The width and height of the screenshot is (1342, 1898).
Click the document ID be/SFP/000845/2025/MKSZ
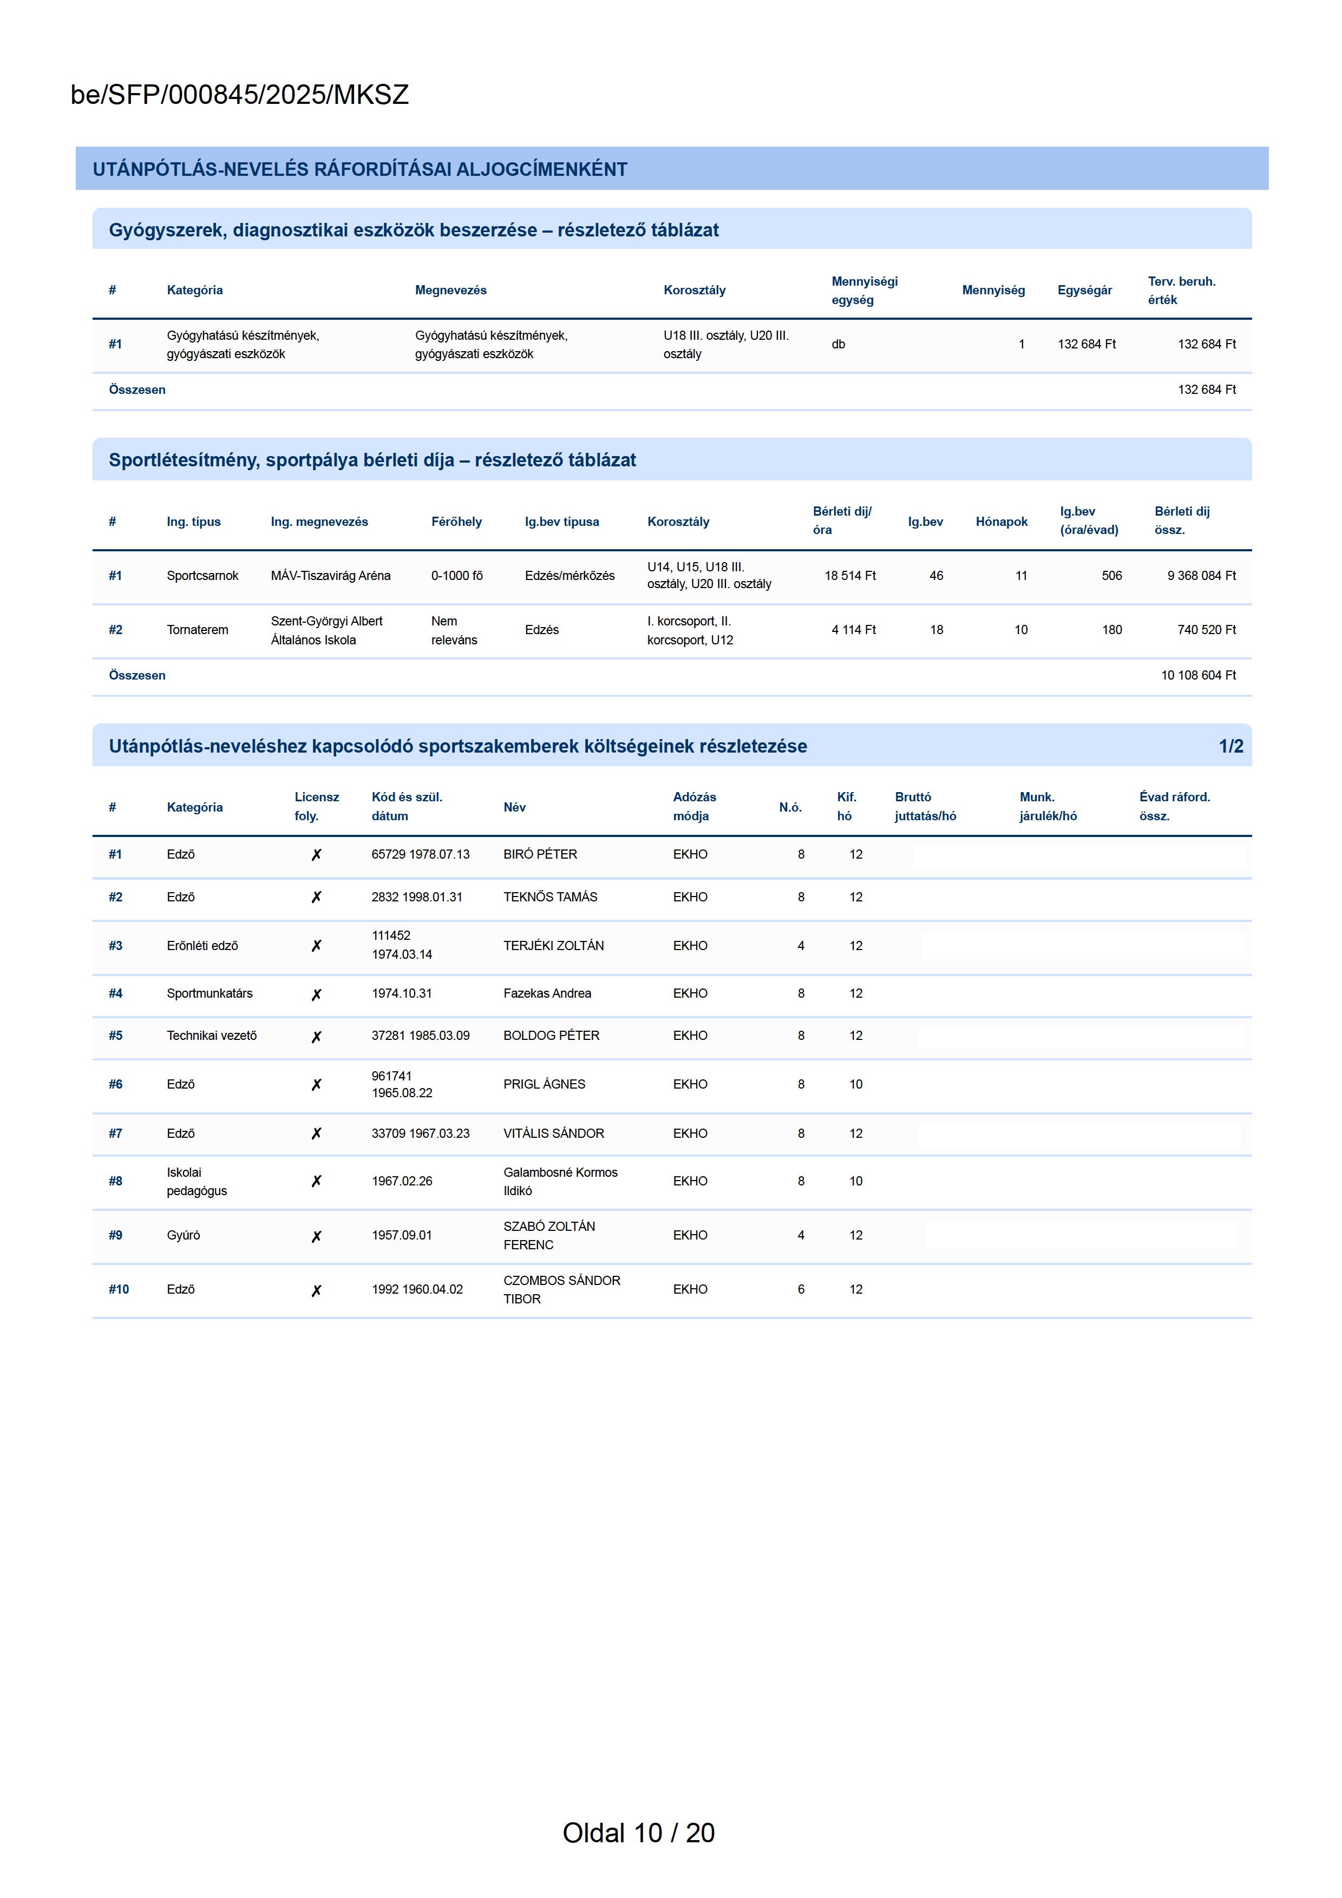tap(240, 95)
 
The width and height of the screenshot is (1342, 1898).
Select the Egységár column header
tap(1084, 290)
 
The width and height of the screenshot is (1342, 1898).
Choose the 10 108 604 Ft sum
tap(1198, 675)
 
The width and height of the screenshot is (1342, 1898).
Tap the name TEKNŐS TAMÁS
tap(550, 897)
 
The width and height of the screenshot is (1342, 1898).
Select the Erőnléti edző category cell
tap(202, 946)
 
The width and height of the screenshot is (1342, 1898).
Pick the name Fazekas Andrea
tap(547, 994)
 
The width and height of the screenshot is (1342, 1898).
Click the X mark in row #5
tap(316, 1037)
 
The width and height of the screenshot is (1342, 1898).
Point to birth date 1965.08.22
tap(402, 1093)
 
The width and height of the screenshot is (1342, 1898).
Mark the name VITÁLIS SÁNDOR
tap(553, 1133)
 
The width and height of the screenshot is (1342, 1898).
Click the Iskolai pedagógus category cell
tap(197, 1181)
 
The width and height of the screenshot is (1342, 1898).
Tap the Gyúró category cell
tap(183, 1235)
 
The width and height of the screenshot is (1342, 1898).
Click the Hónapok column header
tap(1001, 522)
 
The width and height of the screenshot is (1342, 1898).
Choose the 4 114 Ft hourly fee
tap(853, 630)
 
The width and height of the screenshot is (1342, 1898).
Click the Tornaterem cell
tap(197, 630)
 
